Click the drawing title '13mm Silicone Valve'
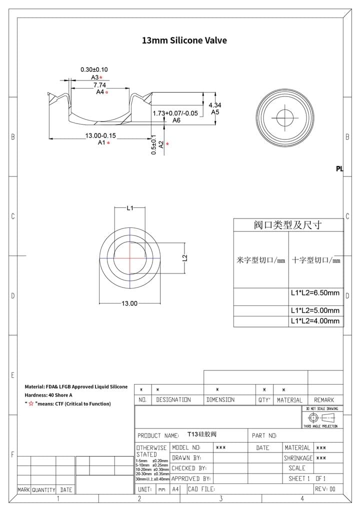pyautogui.click(x=184, y=40)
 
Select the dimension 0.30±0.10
pyautogui.click(x=94, y=69)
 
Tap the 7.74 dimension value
pyautogui.click(x=99, y=85)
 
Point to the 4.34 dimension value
pyautogui.click(x=214, y=105)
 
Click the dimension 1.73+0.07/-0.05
pyautogui.click(x=175, y=113)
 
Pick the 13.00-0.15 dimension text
pyautogui.click(x=100, y=135)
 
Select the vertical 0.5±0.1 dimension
pyautogui.click(x=154, y=144)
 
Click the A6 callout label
pyautogui.click(x=176, y=120)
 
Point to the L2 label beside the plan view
pyautogui.click(x=184, y=258)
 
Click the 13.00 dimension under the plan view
pyautogui.click(x=129, y=303)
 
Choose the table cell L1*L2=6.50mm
pyautogui.click(x=315, y=293)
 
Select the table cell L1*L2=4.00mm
pyautogui.click(x=315, y=321)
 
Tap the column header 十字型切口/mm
pyautogui.click(x=315, y=260)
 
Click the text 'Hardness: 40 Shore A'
pyautogui.click(x=48, y=395)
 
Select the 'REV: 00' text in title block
pyautogui.click(x=325, y=489)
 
